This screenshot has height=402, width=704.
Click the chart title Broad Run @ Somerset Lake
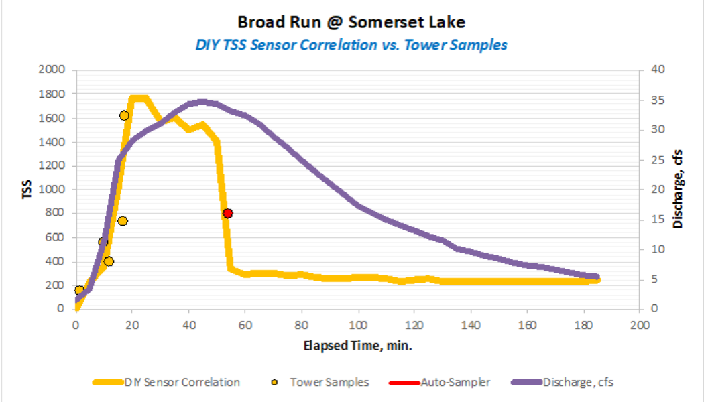tap(351, 22)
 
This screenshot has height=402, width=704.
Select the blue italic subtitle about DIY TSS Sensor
tap(351, 45)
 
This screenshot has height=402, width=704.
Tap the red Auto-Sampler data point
tap(228, 213)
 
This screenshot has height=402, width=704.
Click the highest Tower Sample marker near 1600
tap(124, 115)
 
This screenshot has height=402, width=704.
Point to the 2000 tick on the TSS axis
tap(52, 70)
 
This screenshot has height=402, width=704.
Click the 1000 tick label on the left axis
tap(52, 190)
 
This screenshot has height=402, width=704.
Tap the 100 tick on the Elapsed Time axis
tap(359, 325)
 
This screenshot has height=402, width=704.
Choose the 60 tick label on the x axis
tap(245, 325)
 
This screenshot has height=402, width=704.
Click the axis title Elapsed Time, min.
tap(357, 346)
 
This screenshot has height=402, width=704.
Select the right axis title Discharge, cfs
tap(679, 190)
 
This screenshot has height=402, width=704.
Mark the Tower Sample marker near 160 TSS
tap(79, 290)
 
